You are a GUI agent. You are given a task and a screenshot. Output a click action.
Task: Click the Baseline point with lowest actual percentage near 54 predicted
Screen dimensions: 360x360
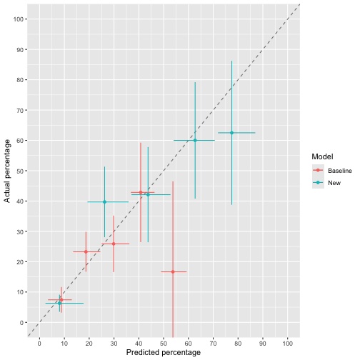(x=173, y=271)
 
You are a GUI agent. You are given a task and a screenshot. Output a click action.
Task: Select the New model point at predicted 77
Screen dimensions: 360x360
(x=231, y=133)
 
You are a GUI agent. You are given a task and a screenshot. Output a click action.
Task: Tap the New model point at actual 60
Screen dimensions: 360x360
(x=194, y=140)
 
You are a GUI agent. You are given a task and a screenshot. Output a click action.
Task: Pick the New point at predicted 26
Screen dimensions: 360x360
(x=104, y=202)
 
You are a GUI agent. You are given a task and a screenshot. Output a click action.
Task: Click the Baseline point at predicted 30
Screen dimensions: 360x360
(x=114, y=244)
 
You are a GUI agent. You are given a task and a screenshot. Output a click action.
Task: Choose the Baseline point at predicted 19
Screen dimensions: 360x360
(x=86, y=251)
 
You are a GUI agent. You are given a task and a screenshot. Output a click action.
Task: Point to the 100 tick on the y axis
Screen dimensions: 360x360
(x=21, y=19)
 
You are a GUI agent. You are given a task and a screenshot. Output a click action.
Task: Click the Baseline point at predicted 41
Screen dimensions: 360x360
(x=141, y=192)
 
